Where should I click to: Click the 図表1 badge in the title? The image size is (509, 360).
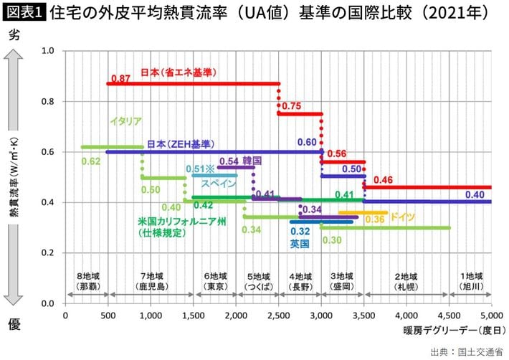22,13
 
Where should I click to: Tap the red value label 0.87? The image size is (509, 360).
120,77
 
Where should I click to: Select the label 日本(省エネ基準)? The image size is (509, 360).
179,72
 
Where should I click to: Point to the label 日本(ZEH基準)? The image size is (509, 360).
181,143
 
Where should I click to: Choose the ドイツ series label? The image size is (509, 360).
400,217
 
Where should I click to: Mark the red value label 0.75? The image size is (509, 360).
291,106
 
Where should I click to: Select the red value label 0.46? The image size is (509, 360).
383,179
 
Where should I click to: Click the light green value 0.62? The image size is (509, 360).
91,161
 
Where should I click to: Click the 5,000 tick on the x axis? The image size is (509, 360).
491,314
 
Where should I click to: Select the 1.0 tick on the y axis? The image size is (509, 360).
49,51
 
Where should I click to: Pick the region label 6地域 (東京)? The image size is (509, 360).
216,280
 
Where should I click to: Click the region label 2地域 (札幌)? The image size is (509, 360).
406,280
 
